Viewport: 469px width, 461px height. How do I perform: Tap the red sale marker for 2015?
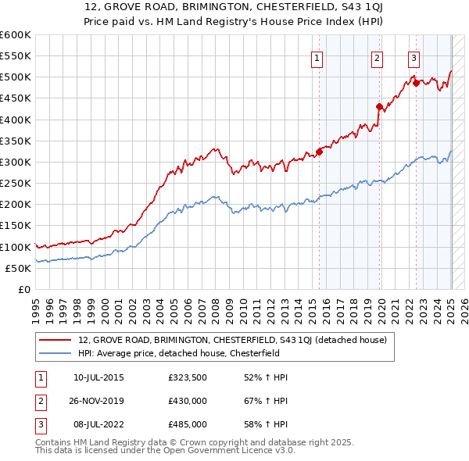319,152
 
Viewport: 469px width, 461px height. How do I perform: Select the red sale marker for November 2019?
379,107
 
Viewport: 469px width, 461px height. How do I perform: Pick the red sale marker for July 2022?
416,84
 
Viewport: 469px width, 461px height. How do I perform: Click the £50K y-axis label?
18,268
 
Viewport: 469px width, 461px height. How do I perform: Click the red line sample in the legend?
55,340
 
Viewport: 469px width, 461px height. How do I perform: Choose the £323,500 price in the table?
187,377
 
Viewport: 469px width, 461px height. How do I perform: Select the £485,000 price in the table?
187,424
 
